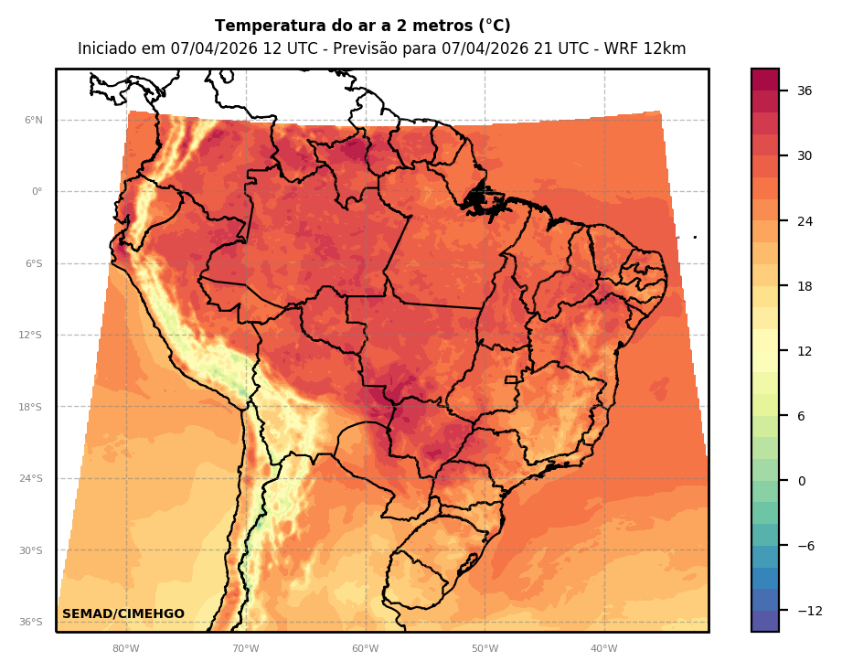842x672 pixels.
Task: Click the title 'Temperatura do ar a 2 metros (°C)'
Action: pos(362,27)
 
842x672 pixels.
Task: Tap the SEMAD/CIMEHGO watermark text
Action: pos(123,613)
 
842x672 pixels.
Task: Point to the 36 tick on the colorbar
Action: pos(805,91)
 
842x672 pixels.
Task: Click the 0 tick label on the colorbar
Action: pos(802,481)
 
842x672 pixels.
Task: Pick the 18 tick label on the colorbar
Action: pos(805,286)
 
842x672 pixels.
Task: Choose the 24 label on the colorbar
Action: pos(805,221)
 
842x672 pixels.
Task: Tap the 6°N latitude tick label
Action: pos(34,120)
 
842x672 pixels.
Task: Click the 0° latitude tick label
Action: pos(37,192)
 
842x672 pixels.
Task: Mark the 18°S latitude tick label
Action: pos(32,407)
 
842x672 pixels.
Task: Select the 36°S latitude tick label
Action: pos(32,622)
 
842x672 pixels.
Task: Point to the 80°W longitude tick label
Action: pos(125,649)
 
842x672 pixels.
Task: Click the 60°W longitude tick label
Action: pos(365,649)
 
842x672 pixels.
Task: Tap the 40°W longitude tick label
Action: pos(603,649)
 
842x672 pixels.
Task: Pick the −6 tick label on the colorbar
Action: pos(805,546)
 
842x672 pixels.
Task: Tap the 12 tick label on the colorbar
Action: pos(805,351)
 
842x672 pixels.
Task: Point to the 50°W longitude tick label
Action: pos(485,649)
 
